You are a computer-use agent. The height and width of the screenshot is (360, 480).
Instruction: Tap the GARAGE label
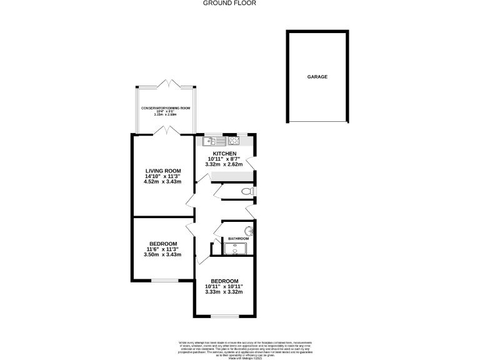tap(317, 77)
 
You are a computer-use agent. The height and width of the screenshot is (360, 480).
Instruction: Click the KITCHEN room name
tap(224, 154)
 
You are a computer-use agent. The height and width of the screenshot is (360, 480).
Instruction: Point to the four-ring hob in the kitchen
tap(234, 141)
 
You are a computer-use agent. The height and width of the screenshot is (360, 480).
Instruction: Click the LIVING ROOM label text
tap(163, 171)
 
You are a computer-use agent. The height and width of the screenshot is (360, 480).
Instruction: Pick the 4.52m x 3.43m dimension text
tap(163, 182)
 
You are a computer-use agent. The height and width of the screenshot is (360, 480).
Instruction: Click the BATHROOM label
tap(238, 239)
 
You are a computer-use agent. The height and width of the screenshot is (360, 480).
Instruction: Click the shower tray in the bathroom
tap(237, 249)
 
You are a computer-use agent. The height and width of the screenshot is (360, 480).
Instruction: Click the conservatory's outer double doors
tap(166, 84)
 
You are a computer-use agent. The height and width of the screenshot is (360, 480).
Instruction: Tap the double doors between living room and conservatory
tap(165, 130)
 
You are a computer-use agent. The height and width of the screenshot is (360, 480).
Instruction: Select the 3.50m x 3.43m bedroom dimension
tap(162, 254)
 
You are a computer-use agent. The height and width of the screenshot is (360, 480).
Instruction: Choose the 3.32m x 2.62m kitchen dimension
tap(224, 164)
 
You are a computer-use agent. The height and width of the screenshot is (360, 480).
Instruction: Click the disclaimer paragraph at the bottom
tap(245, 348)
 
